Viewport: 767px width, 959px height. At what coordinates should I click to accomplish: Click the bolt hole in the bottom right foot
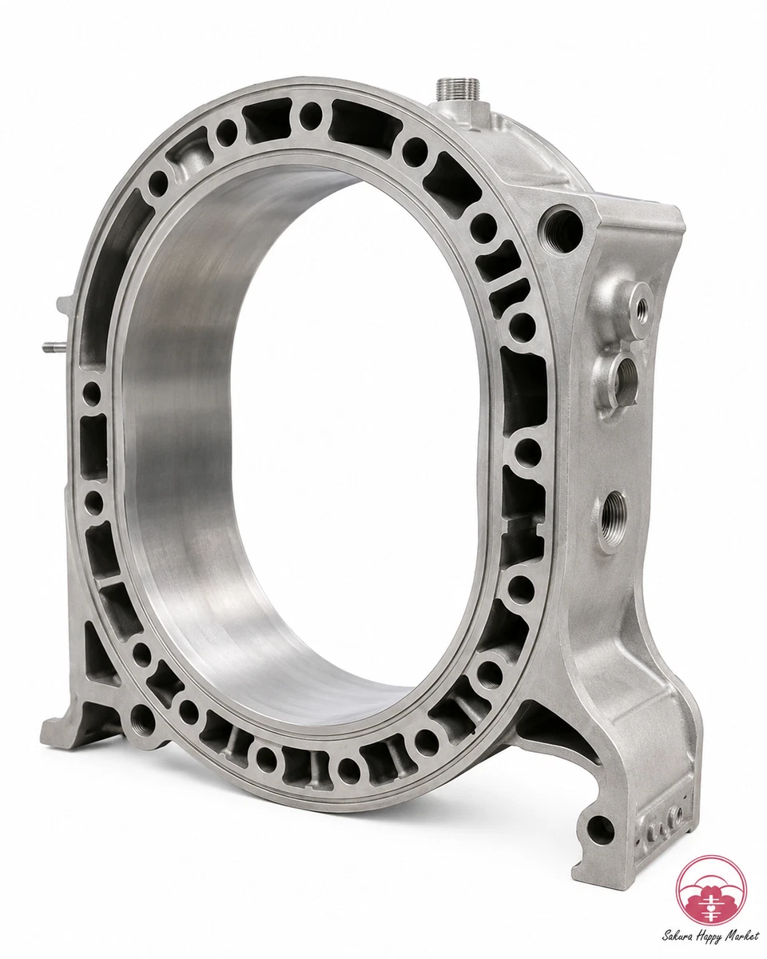pos(600,830)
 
